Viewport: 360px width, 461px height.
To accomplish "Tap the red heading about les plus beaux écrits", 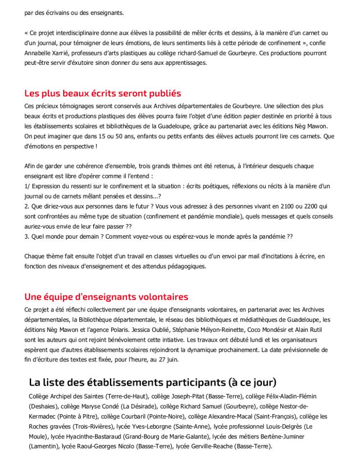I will point(103,94).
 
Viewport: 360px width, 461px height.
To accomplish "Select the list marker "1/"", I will point(27,186).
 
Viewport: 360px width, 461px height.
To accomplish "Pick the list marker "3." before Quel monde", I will point(27,236).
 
